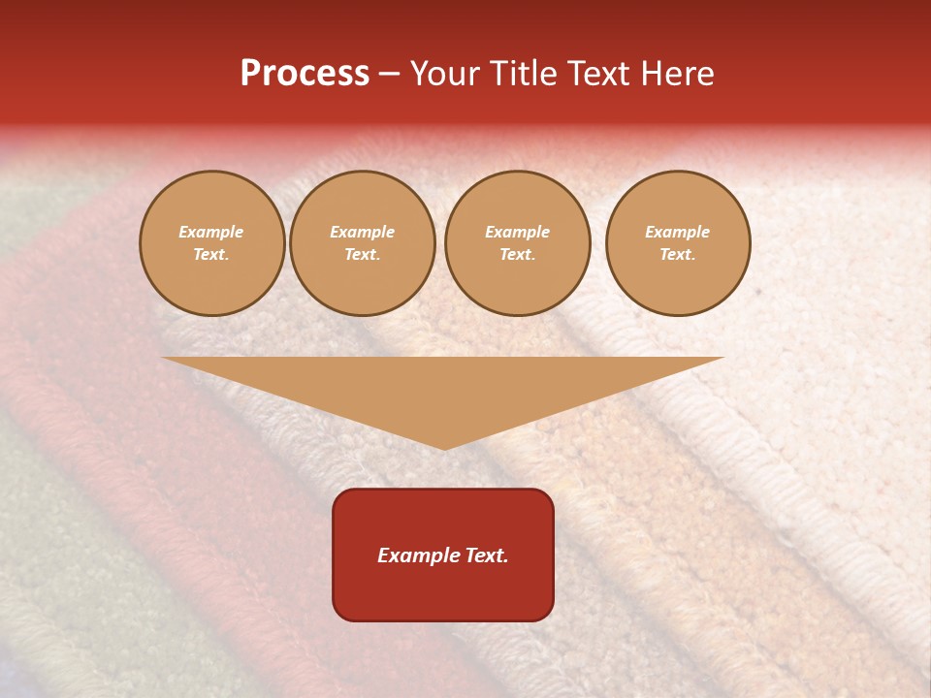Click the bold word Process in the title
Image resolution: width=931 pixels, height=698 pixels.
click(305, 74)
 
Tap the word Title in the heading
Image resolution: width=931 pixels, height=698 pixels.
click(522, 74)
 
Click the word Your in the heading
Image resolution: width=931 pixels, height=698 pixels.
click(444, 74)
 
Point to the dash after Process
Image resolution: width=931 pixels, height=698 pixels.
click(389, 75)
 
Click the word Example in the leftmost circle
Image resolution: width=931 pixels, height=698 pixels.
click(211, 232)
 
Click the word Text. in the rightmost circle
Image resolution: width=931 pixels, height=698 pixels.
click(677, 254)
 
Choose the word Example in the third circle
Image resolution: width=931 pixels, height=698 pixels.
click(517, 232)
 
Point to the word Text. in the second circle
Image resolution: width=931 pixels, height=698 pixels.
click(362, 254)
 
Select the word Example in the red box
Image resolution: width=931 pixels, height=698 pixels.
click(419, 555)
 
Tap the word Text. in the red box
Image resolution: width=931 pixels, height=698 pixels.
click(487, 555)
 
